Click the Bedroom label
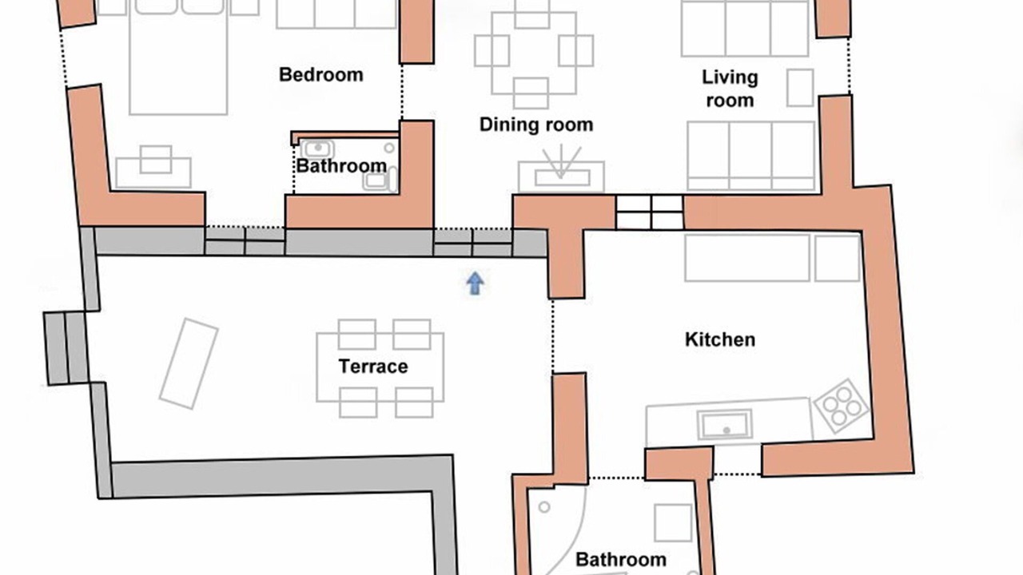pyautogui.click(x=321, y=75)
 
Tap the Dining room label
pyautogui.click(x=536, y=125)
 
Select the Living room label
pyautogui.click(x=730, y=89)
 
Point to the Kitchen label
pyautogui.click(x=720, y=340)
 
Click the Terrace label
pyautogui.click(x=373, y=367)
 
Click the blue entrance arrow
pyautogui.click(x=475, y=284)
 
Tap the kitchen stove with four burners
pyautogui.click(x=842, y=406)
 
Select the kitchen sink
pyautogui.click(x=725, y=424)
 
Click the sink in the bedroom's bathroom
pyautogui.click(x=317, y=149)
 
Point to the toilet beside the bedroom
pyautogui.click(x=380, y=180)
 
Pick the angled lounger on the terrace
pyautogui.click(x=189, y=363)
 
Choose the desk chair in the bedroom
pyautogui.click(x=156, y=160)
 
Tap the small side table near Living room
pyautogui.click(x=800, y=88)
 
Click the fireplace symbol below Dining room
pyautogui.click(x=561, y=169)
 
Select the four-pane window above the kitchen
pyautogui.click(x=650, y=212)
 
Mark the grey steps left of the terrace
pyautogui.click(x=66, y=348)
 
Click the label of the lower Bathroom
pyautogui.click(x=621, y=560)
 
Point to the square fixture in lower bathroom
pyautogui.click(x=673, y=523)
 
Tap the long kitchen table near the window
pyautogui.click(x=747, y=258)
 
